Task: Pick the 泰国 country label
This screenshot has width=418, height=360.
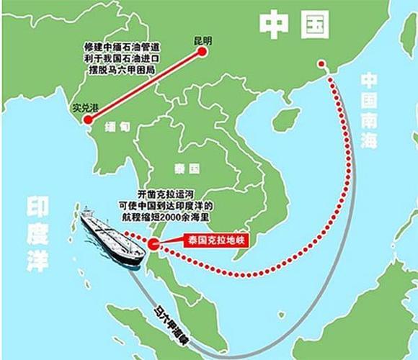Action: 187,168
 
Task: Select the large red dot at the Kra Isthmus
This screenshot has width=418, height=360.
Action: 156,244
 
